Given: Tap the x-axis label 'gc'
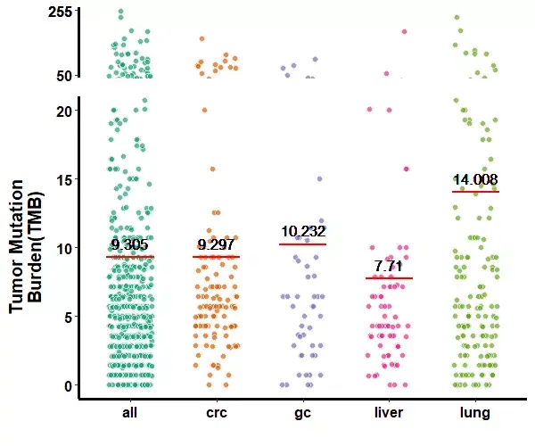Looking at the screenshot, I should (302, 414).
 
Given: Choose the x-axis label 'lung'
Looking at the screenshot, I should (474, 414).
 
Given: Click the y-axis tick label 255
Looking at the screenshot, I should (60, 12).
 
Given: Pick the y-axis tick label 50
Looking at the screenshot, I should (63, 76).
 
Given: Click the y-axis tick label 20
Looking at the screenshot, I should (63, 111).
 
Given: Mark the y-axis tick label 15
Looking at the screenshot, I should (63, 179).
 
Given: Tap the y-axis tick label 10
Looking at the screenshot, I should (63, 247).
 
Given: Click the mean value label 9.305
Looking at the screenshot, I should (131, 245).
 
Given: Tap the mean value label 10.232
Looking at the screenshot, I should (303, 232).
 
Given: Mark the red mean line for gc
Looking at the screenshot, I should (303, 244).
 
